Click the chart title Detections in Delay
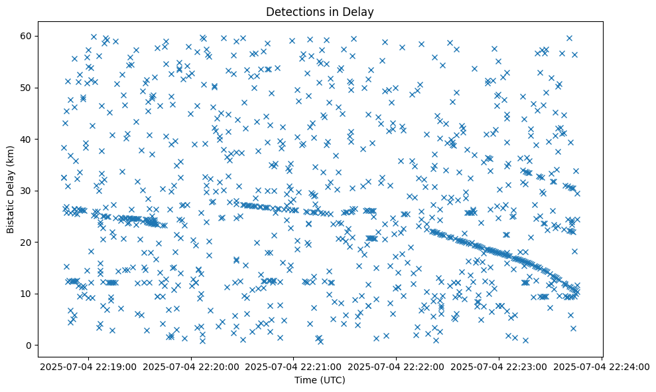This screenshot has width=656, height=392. (x=320, y=11)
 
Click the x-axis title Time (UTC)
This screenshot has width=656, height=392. (x=320, y=381)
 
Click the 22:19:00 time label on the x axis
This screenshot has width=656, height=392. (x=89, y=366)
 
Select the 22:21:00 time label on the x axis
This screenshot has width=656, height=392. (x=294, y=366)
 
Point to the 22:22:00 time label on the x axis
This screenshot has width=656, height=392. (x=397, y=366)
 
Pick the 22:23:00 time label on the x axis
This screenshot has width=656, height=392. (x=499, y=366)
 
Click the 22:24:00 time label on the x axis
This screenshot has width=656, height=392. (x=602, y=366)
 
